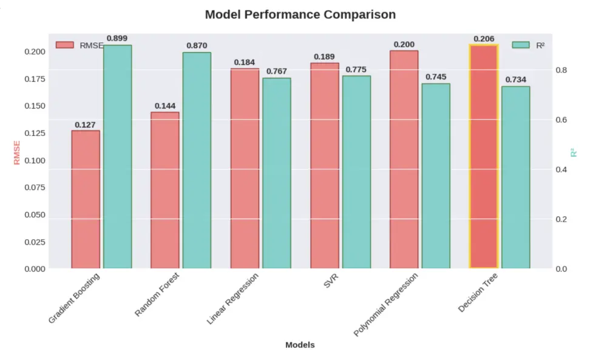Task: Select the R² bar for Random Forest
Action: click(x=197, y=160)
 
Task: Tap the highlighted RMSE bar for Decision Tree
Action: click(x=484, y=157)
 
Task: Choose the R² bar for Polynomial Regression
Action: click(x=436, y=176)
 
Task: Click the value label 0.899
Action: click(x=117, y=38)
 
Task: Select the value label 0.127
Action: click(x=86, y=125)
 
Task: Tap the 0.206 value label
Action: click(x=484, y=39)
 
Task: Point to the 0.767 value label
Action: click(x=276, y=72)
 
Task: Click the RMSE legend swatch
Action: click(x=64, y=45)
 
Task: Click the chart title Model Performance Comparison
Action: click(x=300, y=15)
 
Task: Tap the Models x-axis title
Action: click(x=300, y=345)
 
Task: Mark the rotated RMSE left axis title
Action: click(x=16, y=152)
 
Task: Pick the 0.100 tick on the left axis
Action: click(x=34, y=160)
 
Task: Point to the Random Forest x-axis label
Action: click(x=157, y=294)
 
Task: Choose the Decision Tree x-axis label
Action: click(x=478, y=293)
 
